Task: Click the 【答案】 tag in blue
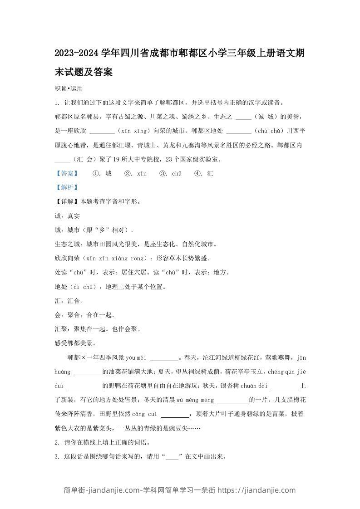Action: [x=66, y=173]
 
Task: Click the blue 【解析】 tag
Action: [x=66, y=187]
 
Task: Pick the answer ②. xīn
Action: [x=135, y=173]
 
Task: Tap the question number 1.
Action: [x=56, y=103]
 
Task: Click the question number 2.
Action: [x=56, y=442]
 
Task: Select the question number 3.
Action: [x=56, y=456]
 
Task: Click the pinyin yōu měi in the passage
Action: [x=135, y=357]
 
